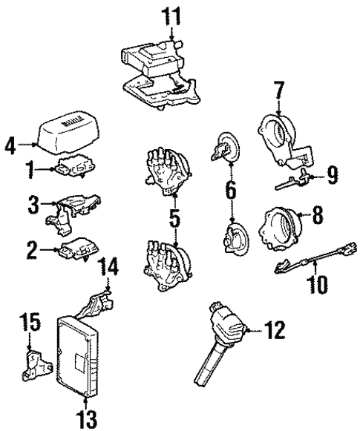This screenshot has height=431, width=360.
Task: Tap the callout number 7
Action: click(279, 92)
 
